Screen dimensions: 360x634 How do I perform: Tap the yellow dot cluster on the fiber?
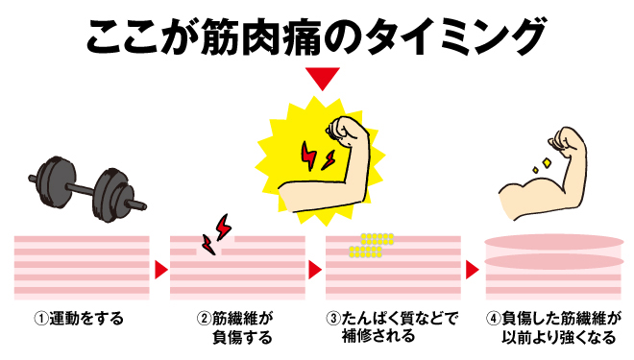tap(370, 246)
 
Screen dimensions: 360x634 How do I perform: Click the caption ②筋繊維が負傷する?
tap(235, 326)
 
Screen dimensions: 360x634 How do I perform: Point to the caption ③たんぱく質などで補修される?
tap(393, 326)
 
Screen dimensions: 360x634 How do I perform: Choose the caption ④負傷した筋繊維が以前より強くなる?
tap(555, 326)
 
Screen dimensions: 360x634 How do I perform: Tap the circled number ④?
tap(493, 318)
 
